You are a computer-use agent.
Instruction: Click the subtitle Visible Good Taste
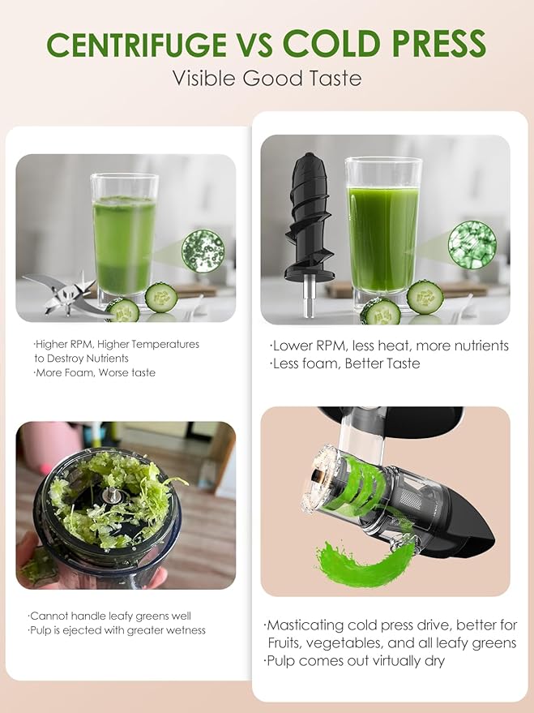(x=267, y=79)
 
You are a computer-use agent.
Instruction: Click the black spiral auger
(x=310, y=219)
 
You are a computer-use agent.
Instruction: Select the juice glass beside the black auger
(x=382, y=231)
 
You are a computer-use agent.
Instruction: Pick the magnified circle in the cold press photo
(x=472, y=242)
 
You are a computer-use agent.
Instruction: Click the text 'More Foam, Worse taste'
(x=95, y=372)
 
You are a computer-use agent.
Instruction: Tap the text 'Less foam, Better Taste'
(x=345, y=363)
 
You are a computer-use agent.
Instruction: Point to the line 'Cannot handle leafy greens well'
(x=110, y=616)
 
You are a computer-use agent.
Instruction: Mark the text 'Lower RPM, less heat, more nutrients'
(x=389, y=346)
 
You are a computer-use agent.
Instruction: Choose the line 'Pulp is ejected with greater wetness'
(x=117, y=630)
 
